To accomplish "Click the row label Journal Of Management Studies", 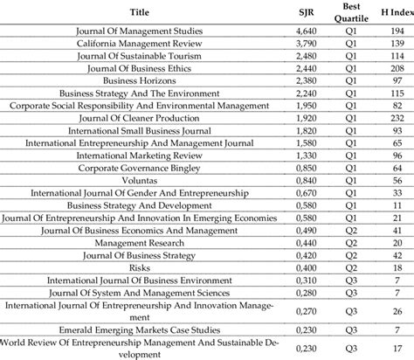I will pyautogui.click(x=140, y=31).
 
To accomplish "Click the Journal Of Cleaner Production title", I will pyautogui.click(x=140, y=116).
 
